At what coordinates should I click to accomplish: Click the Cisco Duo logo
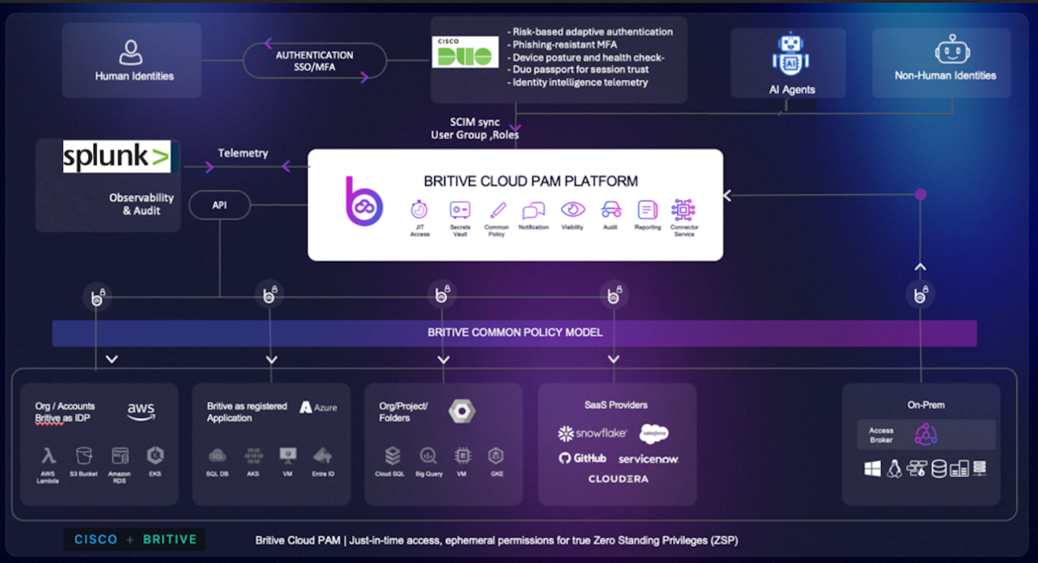tap(465, 52)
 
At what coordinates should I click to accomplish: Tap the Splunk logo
tap(117, 156)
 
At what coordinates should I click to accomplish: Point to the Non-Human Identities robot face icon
tap(952, 50)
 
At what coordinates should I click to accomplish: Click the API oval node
tap(219, 205)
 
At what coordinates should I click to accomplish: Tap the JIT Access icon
tap(419, 210)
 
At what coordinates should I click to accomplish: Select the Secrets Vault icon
tap(460, 210)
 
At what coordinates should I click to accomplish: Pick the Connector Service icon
tap(683, 210)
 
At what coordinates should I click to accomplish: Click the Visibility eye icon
tap(573, 209)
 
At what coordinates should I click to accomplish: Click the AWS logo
tap(141, 411)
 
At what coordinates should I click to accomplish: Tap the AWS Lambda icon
tap(49, 456)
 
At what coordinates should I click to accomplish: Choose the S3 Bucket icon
tap(84, 456)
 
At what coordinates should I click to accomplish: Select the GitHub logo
tap(583, 458)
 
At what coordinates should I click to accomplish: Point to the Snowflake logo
tap(592, 433)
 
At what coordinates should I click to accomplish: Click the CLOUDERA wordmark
tap(618, 479)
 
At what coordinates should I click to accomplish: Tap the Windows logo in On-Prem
tap(872, 469)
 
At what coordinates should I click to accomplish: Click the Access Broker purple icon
tap(925, 434)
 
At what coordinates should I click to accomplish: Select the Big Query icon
tap(428, 456)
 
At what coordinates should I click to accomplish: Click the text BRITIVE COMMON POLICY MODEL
tap(515, 332)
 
